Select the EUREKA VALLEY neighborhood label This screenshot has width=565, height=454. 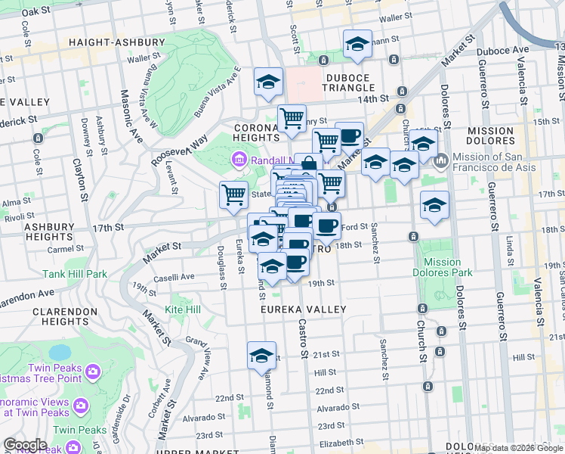pyautogui.click(x=303, y=309)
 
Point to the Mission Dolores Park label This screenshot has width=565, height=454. pyautogui.click(x=443, y=267)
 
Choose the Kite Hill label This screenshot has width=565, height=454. pyautogui.click(x=183, y=309)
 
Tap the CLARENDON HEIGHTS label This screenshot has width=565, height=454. pyautogui.click(x=60, y=317)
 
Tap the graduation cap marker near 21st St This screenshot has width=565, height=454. pyautogui.click(x=261, y=356)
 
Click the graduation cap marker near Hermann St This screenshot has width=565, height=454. pyautogui.click(x=357, y=45)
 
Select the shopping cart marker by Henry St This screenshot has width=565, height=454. pyautogui.click(x=292, y=118)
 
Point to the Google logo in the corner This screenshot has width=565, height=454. pyautogui.click(x=25, y=445)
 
